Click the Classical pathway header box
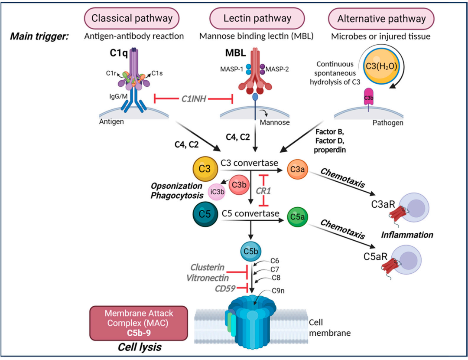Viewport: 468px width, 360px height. (132, 18)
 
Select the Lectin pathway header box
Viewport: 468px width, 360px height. (257, 18)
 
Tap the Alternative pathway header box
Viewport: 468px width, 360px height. (381, 19)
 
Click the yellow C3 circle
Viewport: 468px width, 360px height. (205, 169)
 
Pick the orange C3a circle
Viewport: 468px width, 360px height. (297, 169)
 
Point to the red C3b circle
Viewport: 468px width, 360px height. (239, 185)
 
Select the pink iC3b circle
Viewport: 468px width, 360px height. (217, 192)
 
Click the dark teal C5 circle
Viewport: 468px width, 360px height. (205, 214)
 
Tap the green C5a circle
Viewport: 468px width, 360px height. (297, 216)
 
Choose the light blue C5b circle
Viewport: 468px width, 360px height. (251, 251)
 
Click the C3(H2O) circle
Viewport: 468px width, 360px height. (381, 66)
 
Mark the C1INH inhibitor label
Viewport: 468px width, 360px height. (194, 98)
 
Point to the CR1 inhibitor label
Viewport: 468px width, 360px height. (263, 190)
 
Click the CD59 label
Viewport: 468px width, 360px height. (225, 288)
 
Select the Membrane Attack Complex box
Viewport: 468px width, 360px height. (139, 323)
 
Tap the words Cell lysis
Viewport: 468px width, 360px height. (140, 347)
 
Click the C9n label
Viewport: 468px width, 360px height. (278, 291)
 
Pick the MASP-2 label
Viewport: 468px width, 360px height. (277, 69)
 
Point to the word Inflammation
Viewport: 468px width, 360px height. (407, 235)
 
